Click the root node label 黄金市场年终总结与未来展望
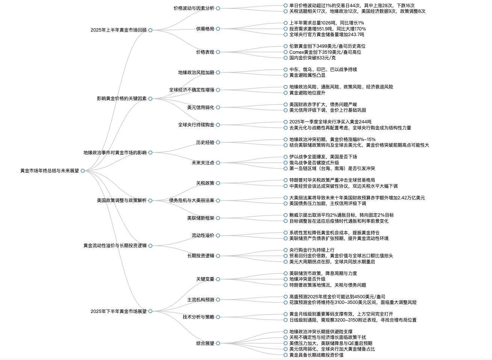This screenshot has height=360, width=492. [x=49, y=171]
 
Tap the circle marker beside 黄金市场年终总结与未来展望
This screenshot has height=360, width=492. [x=83, y=171]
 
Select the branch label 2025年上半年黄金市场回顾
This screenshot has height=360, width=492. [x=118, y=30]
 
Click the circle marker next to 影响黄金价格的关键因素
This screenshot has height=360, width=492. [x=150, y=99]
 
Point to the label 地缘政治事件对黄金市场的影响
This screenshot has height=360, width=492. [x=115, y=152]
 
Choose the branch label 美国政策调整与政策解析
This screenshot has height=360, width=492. [x=122, y=201]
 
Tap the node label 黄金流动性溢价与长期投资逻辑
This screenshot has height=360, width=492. [x=115, y=246]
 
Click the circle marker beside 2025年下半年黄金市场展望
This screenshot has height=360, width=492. [x=150, y=311]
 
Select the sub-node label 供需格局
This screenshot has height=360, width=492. [x=205, y=29]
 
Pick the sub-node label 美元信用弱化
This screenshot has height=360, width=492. [x=201, y=108]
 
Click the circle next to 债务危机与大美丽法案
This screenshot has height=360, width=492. [x=218, y=201]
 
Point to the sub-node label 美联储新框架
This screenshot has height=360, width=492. [x=201, y=218]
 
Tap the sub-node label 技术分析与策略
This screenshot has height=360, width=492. [x=198, y=317]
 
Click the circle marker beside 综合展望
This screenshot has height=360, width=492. [x=218, y=343]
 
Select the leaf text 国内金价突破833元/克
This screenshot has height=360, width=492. [x=312, y=58]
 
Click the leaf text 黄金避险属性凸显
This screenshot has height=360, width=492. [x=307, y=75]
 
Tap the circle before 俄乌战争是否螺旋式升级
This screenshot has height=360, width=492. [x=286, y=163]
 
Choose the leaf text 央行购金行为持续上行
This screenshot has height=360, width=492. [x=312, y=250]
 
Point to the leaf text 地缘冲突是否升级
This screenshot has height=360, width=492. [x=307, y=279]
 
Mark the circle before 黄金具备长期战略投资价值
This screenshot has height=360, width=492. [x=286, y=355]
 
